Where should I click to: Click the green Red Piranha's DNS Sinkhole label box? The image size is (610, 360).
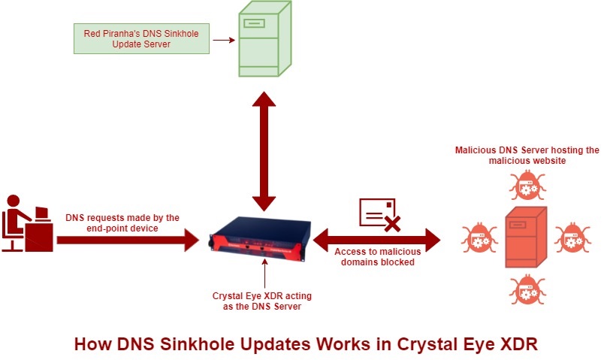click(x=141, y=38)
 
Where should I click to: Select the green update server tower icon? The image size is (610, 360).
click(x=265, y=38)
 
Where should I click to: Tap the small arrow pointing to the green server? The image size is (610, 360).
click(x=224, y=40)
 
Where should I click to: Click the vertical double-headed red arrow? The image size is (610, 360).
click(x=264, y=151)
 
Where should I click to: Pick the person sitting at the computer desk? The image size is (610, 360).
click(x=16, y=222)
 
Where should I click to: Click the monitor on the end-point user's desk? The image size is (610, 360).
click(x=41, y=213)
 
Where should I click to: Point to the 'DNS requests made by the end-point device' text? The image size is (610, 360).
click(x=122, y=223)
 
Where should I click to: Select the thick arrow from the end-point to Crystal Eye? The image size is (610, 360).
click(x=128, y=241)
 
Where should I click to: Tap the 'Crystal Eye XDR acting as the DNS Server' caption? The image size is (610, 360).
click(x=262, y=301)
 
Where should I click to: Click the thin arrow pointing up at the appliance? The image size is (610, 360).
click(x=265, y=274)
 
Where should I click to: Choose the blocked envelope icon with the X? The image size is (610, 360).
click(x=380, y=215)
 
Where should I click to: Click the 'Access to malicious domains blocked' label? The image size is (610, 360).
click(x=377, y=257)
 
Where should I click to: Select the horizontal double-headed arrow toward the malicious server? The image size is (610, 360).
click(x=376, y=241)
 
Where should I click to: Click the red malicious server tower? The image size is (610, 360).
click(x=526, y=237)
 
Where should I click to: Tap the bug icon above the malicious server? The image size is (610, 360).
click(x=527, y=186)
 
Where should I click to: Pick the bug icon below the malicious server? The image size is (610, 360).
click(x=527, y=289)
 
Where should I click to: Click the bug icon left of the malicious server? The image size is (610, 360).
click(x=479, y=237)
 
